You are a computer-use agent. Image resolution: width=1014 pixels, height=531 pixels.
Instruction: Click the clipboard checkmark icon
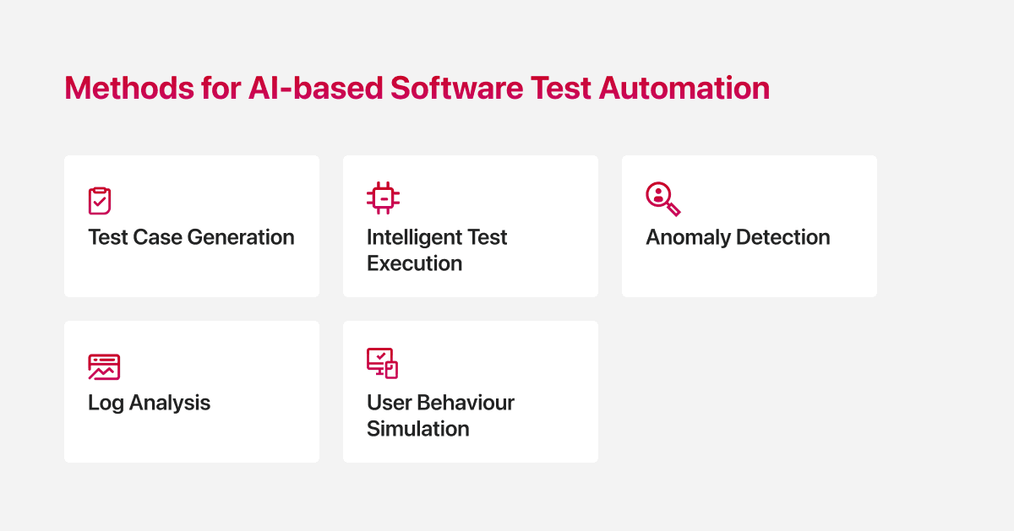(x=100, y=200)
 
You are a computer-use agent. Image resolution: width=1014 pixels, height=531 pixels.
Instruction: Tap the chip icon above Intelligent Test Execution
(x=383, y=198)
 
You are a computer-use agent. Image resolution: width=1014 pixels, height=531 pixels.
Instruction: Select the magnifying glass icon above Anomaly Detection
(x=663, y=199)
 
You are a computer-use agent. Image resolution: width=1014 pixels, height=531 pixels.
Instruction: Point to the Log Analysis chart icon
(x=104, y=367)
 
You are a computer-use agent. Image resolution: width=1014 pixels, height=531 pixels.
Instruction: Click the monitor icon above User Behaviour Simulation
(x=382, y=363)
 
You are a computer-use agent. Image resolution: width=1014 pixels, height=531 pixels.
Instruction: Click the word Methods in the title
(x=129, y=88)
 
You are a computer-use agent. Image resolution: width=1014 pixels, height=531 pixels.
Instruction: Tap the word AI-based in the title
(x=315, y=88)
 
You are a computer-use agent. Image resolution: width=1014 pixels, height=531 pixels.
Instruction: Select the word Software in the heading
(x=457, y=88)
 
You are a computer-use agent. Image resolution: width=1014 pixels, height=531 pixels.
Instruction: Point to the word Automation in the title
(x=684, y=88)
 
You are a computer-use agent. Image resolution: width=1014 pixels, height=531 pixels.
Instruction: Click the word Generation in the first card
(x=240, y=237)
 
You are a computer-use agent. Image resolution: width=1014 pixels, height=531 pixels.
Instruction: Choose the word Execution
(x=414, y=263)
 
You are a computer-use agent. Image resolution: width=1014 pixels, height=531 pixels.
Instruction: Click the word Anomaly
(x=688, y=238)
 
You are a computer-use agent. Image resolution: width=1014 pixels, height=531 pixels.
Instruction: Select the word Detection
(x=783, y=237)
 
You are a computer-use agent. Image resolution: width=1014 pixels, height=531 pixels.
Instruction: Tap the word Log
(x=106, y=403)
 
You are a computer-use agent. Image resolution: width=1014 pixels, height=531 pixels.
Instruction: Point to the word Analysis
(x=170, y=403)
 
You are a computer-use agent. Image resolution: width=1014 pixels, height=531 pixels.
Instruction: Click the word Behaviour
(x=466, y=403)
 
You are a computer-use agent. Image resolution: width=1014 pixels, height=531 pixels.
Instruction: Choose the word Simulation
(x=417, y=428)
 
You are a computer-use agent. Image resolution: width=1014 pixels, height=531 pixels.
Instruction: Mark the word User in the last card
(x=389, y=403)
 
